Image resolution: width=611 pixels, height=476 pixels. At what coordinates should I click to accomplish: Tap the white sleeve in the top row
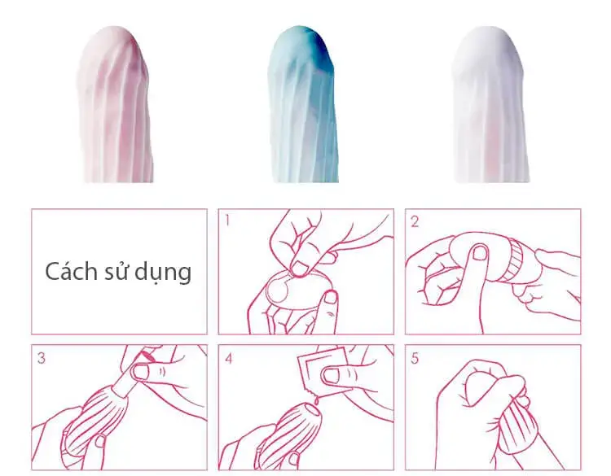(490, 106)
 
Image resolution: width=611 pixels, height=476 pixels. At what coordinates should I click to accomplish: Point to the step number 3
(41, 356)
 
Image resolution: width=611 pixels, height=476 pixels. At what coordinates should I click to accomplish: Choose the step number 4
(229, 356)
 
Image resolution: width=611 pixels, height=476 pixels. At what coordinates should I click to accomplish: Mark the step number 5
(415, 356)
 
